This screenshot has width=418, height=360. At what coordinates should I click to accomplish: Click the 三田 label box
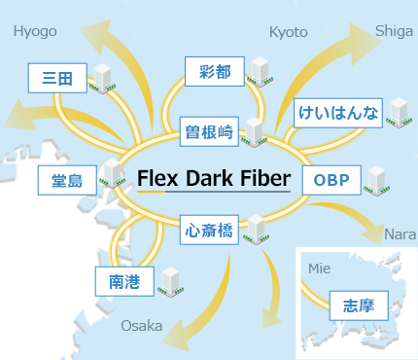point(57,78)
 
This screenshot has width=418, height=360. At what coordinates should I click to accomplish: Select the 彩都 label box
point(215,72)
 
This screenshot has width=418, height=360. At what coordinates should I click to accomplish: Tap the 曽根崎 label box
point(209,131)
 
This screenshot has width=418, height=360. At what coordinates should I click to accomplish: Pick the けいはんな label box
point(338,113)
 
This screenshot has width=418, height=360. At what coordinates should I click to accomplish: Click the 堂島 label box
point(67,180)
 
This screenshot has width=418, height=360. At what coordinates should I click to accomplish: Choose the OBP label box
point(331,180)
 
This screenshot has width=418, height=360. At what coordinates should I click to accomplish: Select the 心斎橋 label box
point(209,230)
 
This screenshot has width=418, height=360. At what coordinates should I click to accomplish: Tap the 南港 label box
point(124,281)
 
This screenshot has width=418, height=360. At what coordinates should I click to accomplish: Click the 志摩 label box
point(359,306)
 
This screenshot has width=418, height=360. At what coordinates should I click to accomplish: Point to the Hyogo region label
point(35,32)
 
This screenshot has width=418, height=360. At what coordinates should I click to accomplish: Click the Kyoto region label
point(289,32)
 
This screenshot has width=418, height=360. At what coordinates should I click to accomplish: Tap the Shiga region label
point(394,31)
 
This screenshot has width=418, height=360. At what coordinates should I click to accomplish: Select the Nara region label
point(401,234)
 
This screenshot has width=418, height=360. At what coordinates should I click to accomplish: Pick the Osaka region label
point(142,326)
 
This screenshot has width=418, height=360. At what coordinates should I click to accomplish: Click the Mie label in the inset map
point(320,269)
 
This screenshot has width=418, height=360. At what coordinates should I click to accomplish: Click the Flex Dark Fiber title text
point(214,178)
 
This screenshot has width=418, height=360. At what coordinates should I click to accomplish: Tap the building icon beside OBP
point(377,181)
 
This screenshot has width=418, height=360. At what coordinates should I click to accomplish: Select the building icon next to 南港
point(171,282)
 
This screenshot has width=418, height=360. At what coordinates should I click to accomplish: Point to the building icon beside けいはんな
point(400,113)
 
